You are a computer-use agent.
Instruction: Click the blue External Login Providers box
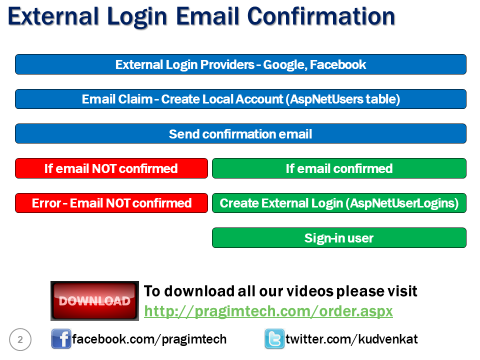pos(240,64)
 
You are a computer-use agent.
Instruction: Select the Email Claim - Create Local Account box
pos(240,99)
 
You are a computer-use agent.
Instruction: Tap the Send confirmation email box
pos(240,134)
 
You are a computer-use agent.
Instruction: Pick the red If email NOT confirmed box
pos(111,168)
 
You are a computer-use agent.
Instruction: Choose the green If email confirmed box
pos(339,168)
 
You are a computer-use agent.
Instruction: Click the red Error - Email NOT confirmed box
pos(111,203)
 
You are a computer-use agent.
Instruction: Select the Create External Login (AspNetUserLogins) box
pos(339,203)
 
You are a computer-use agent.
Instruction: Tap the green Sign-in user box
pos(339,238)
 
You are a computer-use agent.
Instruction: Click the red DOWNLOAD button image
pos(94,301)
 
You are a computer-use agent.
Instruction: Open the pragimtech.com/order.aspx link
pos(268,311)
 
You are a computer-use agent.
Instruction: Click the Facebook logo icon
pos(61,339)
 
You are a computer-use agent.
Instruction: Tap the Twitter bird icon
pos(274,339)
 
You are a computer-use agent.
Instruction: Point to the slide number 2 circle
pos(20,340)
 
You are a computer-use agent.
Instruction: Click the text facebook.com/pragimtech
pos(149,339)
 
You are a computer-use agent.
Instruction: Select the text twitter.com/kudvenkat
pos(351,339)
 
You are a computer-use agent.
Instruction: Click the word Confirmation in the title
pos(321,16)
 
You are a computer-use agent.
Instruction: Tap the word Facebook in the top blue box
pos(338,64)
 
